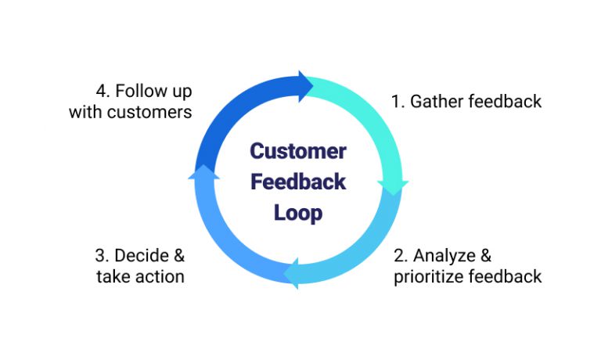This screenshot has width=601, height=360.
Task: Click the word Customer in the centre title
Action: click(297, 150)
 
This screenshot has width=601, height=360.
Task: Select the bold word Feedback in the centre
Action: click(297, 182)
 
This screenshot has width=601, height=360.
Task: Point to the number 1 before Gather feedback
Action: click(395, 102)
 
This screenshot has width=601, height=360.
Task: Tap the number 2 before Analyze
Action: click(398, 256)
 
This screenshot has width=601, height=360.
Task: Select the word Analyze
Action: click(443, 256)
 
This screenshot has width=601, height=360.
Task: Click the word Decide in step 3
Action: click(141, 256)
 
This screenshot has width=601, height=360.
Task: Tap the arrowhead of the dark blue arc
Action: click(304, 84)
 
